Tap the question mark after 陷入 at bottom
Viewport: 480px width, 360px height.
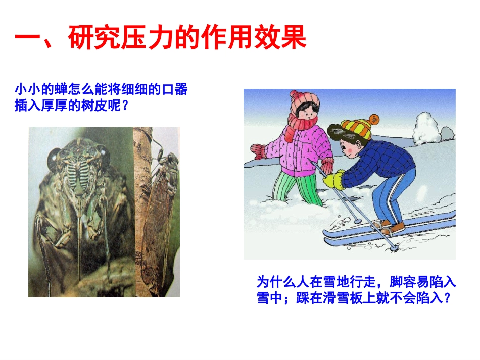(x=445, y=298)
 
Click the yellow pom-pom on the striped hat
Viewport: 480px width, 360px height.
(x=374, y=120)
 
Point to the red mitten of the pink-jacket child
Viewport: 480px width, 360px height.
(x=258, y=150)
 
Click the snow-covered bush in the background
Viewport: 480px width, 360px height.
(x=426, y=128)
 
